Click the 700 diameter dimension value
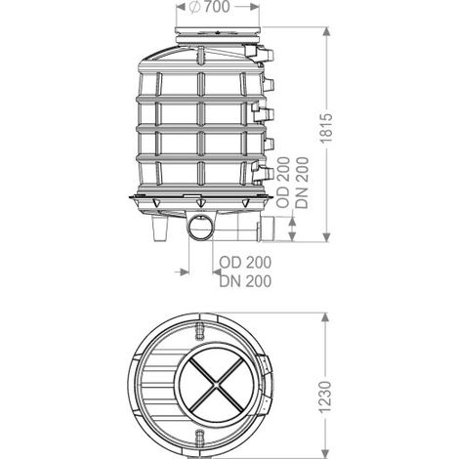217,7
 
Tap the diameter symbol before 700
194,7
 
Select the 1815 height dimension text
326,128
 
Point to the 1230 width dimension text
325,397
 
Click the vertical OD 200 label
283,182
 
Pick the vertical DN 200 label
302,183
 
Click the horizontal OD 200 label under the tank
245,263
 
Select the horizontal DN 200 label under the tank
245,281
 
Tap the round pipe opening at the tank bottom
200,228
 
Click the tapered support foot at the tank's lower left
160,229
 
